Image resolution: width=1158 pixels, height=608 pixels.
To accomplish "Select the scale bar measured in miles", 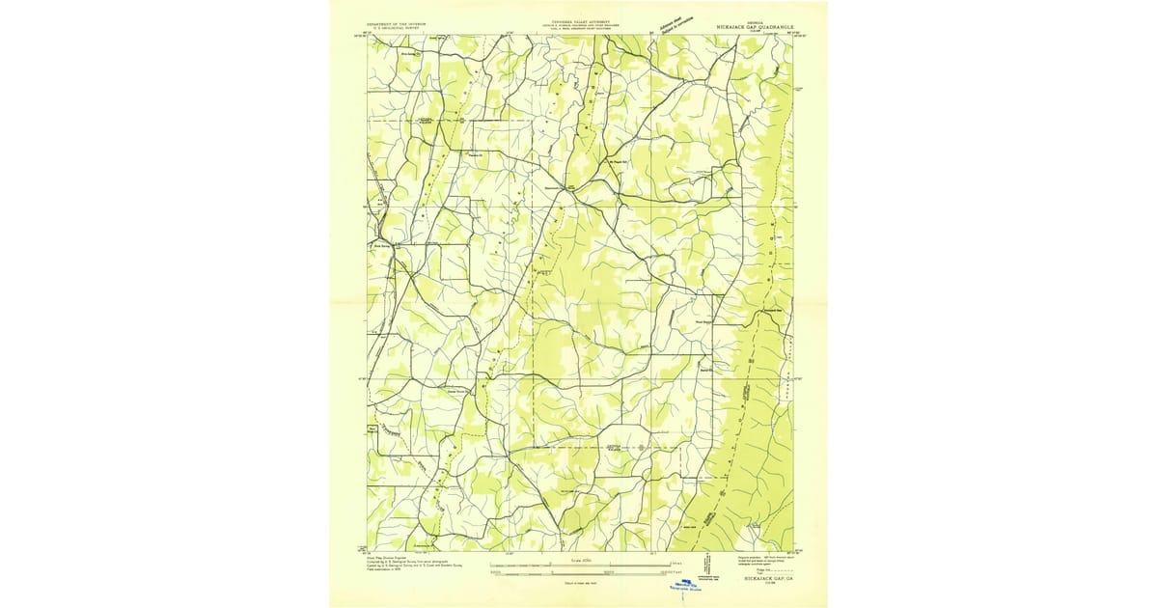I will pos(595,564).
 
